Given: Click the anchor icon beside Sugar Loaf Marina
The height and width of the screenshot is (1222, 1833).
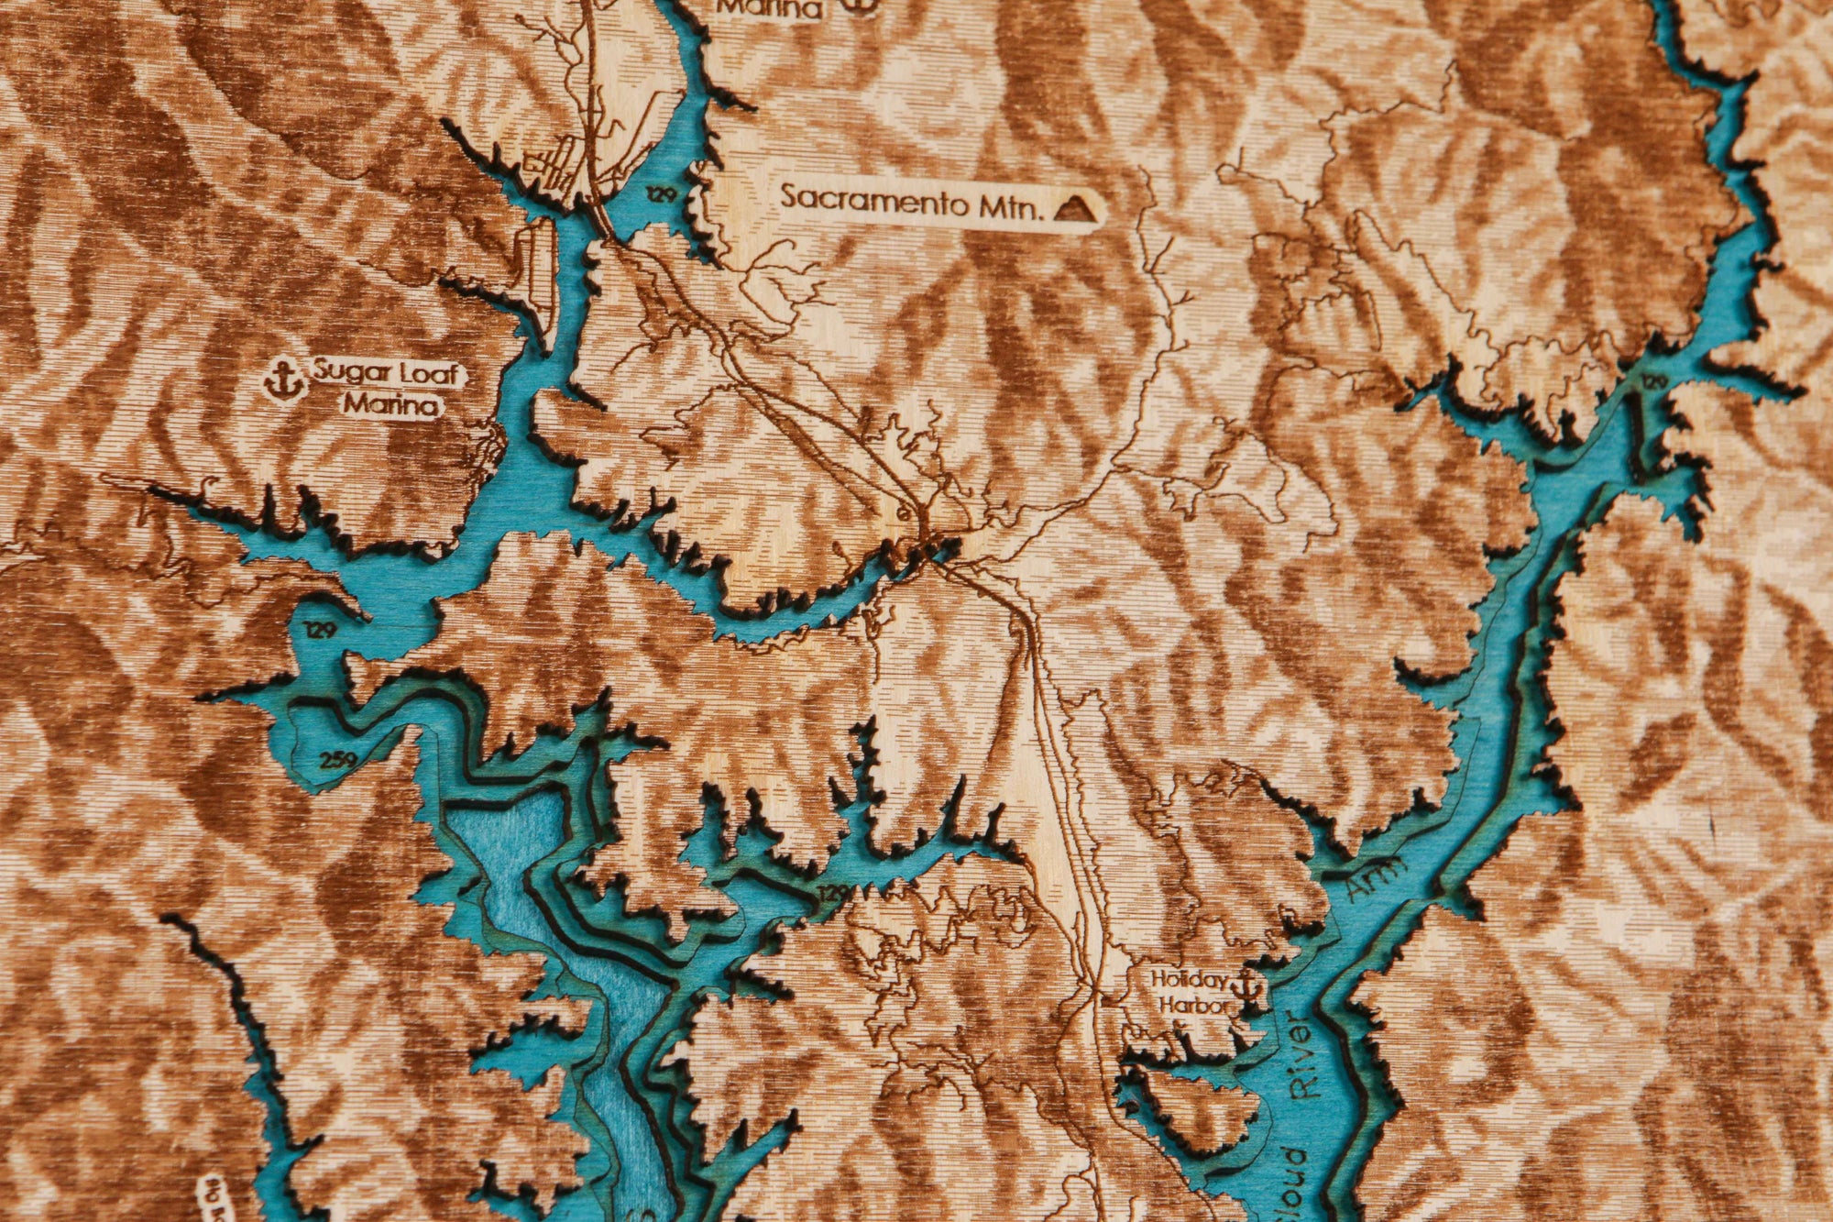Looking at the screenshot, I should [284, 379].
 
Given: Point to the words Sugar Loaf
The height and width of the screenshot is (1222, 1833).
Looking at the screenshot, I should [390, 374].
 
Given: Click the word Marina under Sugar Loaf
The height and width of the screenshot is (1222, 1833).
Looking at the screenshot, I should [392, 404].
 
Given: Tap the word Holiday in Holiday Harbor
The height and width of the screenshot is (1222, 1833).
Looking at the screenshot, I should [1189, 979].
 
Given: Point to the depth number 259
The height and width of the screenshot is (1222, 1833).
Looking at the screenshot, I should [339, 759].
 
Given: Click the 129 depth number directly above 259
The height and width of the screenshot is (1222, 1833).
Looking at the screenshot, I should [322, 630].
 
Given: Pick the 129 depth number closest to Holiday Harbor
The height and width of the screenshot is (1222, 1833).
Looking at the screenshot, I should [832, 892].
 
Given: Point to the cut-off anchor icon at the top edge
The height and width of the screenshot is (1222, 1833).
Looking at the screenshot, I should [858, 6].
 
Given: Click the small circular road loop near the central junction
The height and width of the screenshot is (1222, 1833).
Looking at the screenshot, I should [904, 513].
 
